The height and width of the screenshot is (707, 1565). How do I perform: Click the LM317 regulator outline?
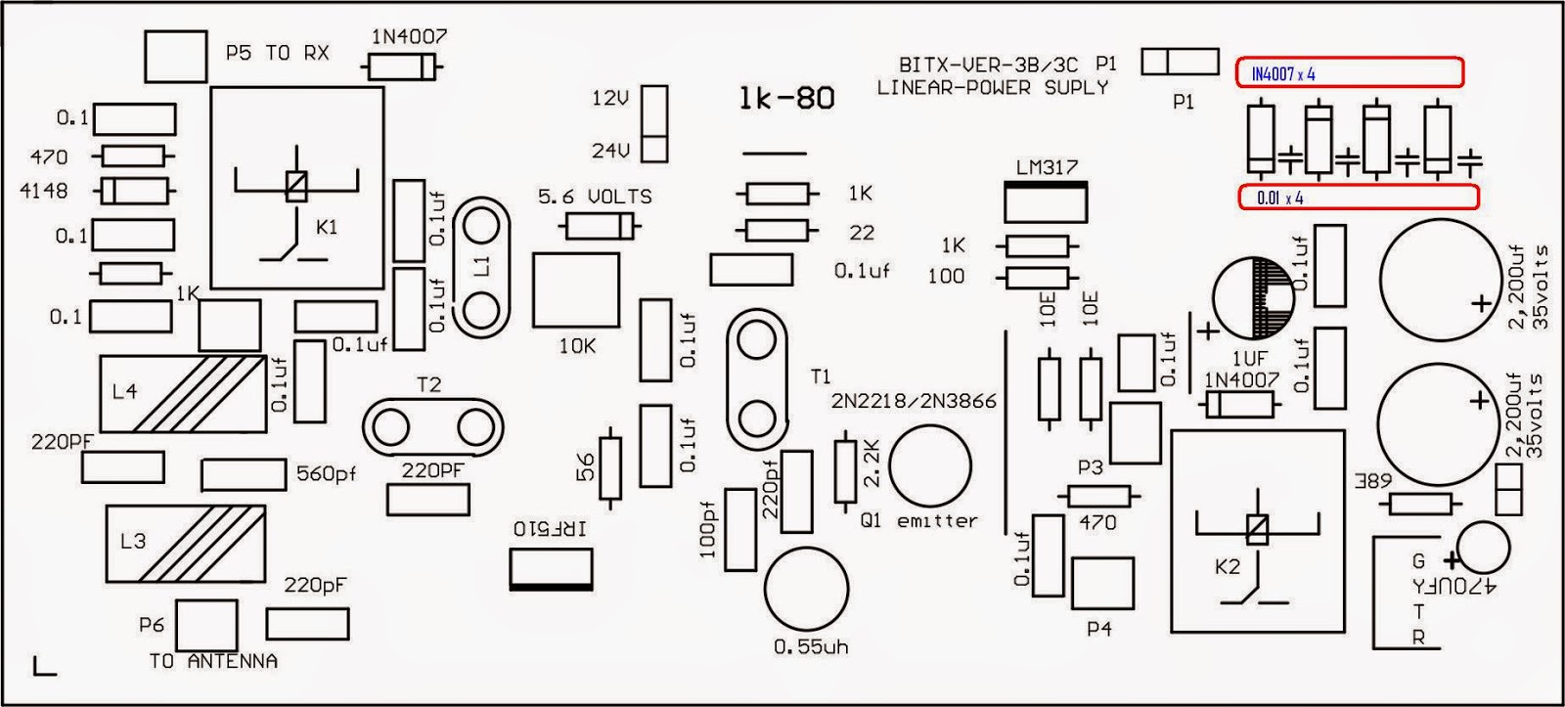pyautogui.click(x=1046, y=202)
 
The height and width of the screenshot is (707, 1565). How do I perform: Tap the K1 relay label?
pyautogui.click(x=328, y=227)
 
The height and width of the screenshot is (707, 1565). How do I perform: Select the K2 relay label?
pyautogui.click(x=1227, y=567)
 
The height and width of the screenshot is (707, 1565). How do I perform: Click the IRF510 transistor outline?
pyautogui.click(x=552, y=568)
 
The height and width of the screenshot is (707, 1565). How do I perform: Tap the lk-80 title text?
pyautogui.click(x=786, y=98)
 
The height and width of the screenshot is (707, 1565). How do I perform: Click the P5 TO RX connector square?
pyautogui.click(x=175, y=55)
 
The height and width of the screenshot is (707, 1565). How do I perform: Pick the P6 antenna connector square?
pyautogui.click(x=205, y=625)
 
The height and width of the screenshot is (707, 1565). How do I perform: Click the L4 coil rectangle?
pyautogui.click(x=183, y=393)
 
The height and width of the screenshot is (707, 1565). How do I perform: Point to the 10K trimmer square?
pyautogui.click(x=575, y=289)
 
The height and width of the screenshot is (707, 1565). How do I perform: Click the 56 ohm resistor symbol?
pyautogui.click(x=610, y=467)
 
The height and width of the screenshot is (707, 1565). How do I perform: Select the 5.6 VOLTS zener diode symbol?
pyautogui.click(x=596, y=227)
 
